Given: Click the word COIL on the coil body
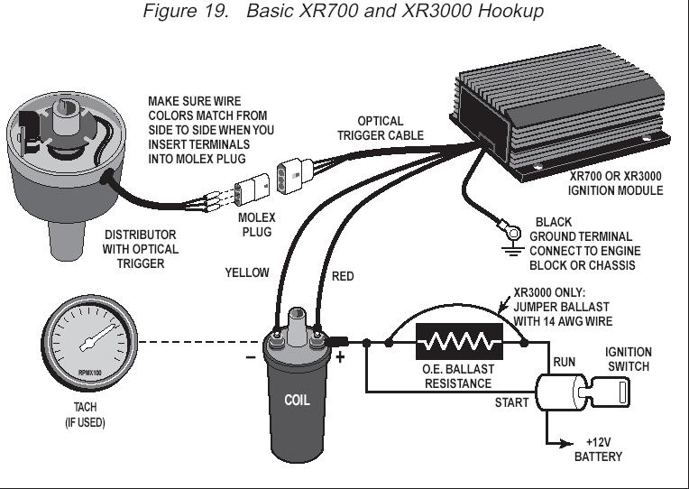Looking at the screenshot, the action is click(x=297, y=401).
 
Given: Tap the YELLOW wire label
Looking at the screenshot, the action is click(x=247, y=272).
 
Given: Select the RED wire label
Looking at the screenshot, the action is click(x=343, y=276).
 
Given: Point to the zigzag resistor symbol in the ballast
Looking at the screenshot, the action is click(x=459, y=341).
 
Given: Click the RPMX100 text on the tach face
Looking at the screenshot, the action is click(x=89, y=373).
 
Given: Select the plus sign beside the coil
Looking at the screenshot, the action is click(x=340, y=357).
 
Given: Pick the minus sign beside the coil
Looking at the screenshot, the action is click(x=251, y=357).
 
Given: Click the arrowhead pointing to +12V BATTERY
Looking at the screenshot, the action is click(x=567, y=443).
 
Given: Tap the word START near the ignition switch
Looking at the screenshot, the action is click(x=511, y=402).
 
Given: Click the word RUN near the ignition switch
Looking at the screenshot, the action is click(x=564, y=362).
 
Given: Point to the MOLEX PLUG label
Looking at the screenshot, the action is click(x=257, y=225).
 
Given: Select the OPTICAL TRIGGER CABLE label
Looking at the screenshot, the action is click(x=381, y=128).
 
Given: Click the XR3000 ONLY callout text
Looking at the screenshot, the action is click(x=549, y=293).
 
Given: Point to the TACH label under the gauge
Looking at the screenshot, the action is click(x=85, y=407).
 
